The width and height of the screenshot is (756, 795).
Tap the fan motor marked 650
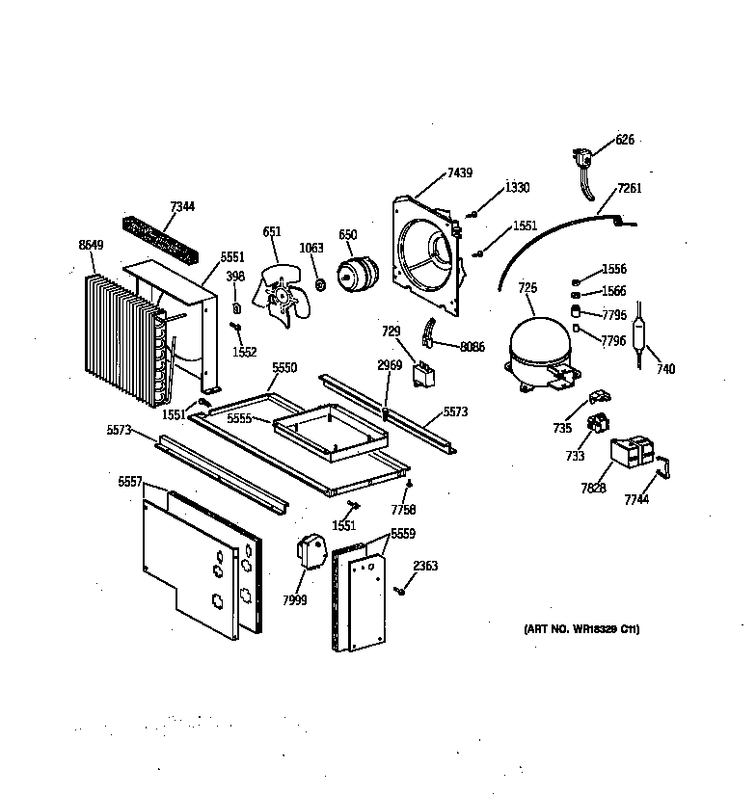tap(355, 273)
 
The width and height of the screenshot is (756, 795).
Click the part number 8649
tap(90, 246)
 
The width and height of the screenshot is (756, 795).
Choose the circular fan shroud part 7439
tap(427, 255)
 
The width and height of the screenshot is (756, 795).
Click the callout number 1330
tap(517, 187)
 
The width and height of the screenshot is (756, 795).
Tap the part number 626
tap(625, 140)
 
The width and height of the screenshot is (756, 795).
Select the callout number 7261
tap(629, 188)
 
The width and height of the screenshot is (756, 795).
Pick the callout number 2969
tap(389, 367)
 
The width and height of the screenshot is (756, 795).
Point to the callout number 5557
tap(130, 482)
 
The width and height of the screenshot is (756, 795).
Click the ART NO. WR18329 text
tap(581, 629)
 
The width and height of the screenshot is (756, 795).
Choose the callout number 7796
tap(613, 341)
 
